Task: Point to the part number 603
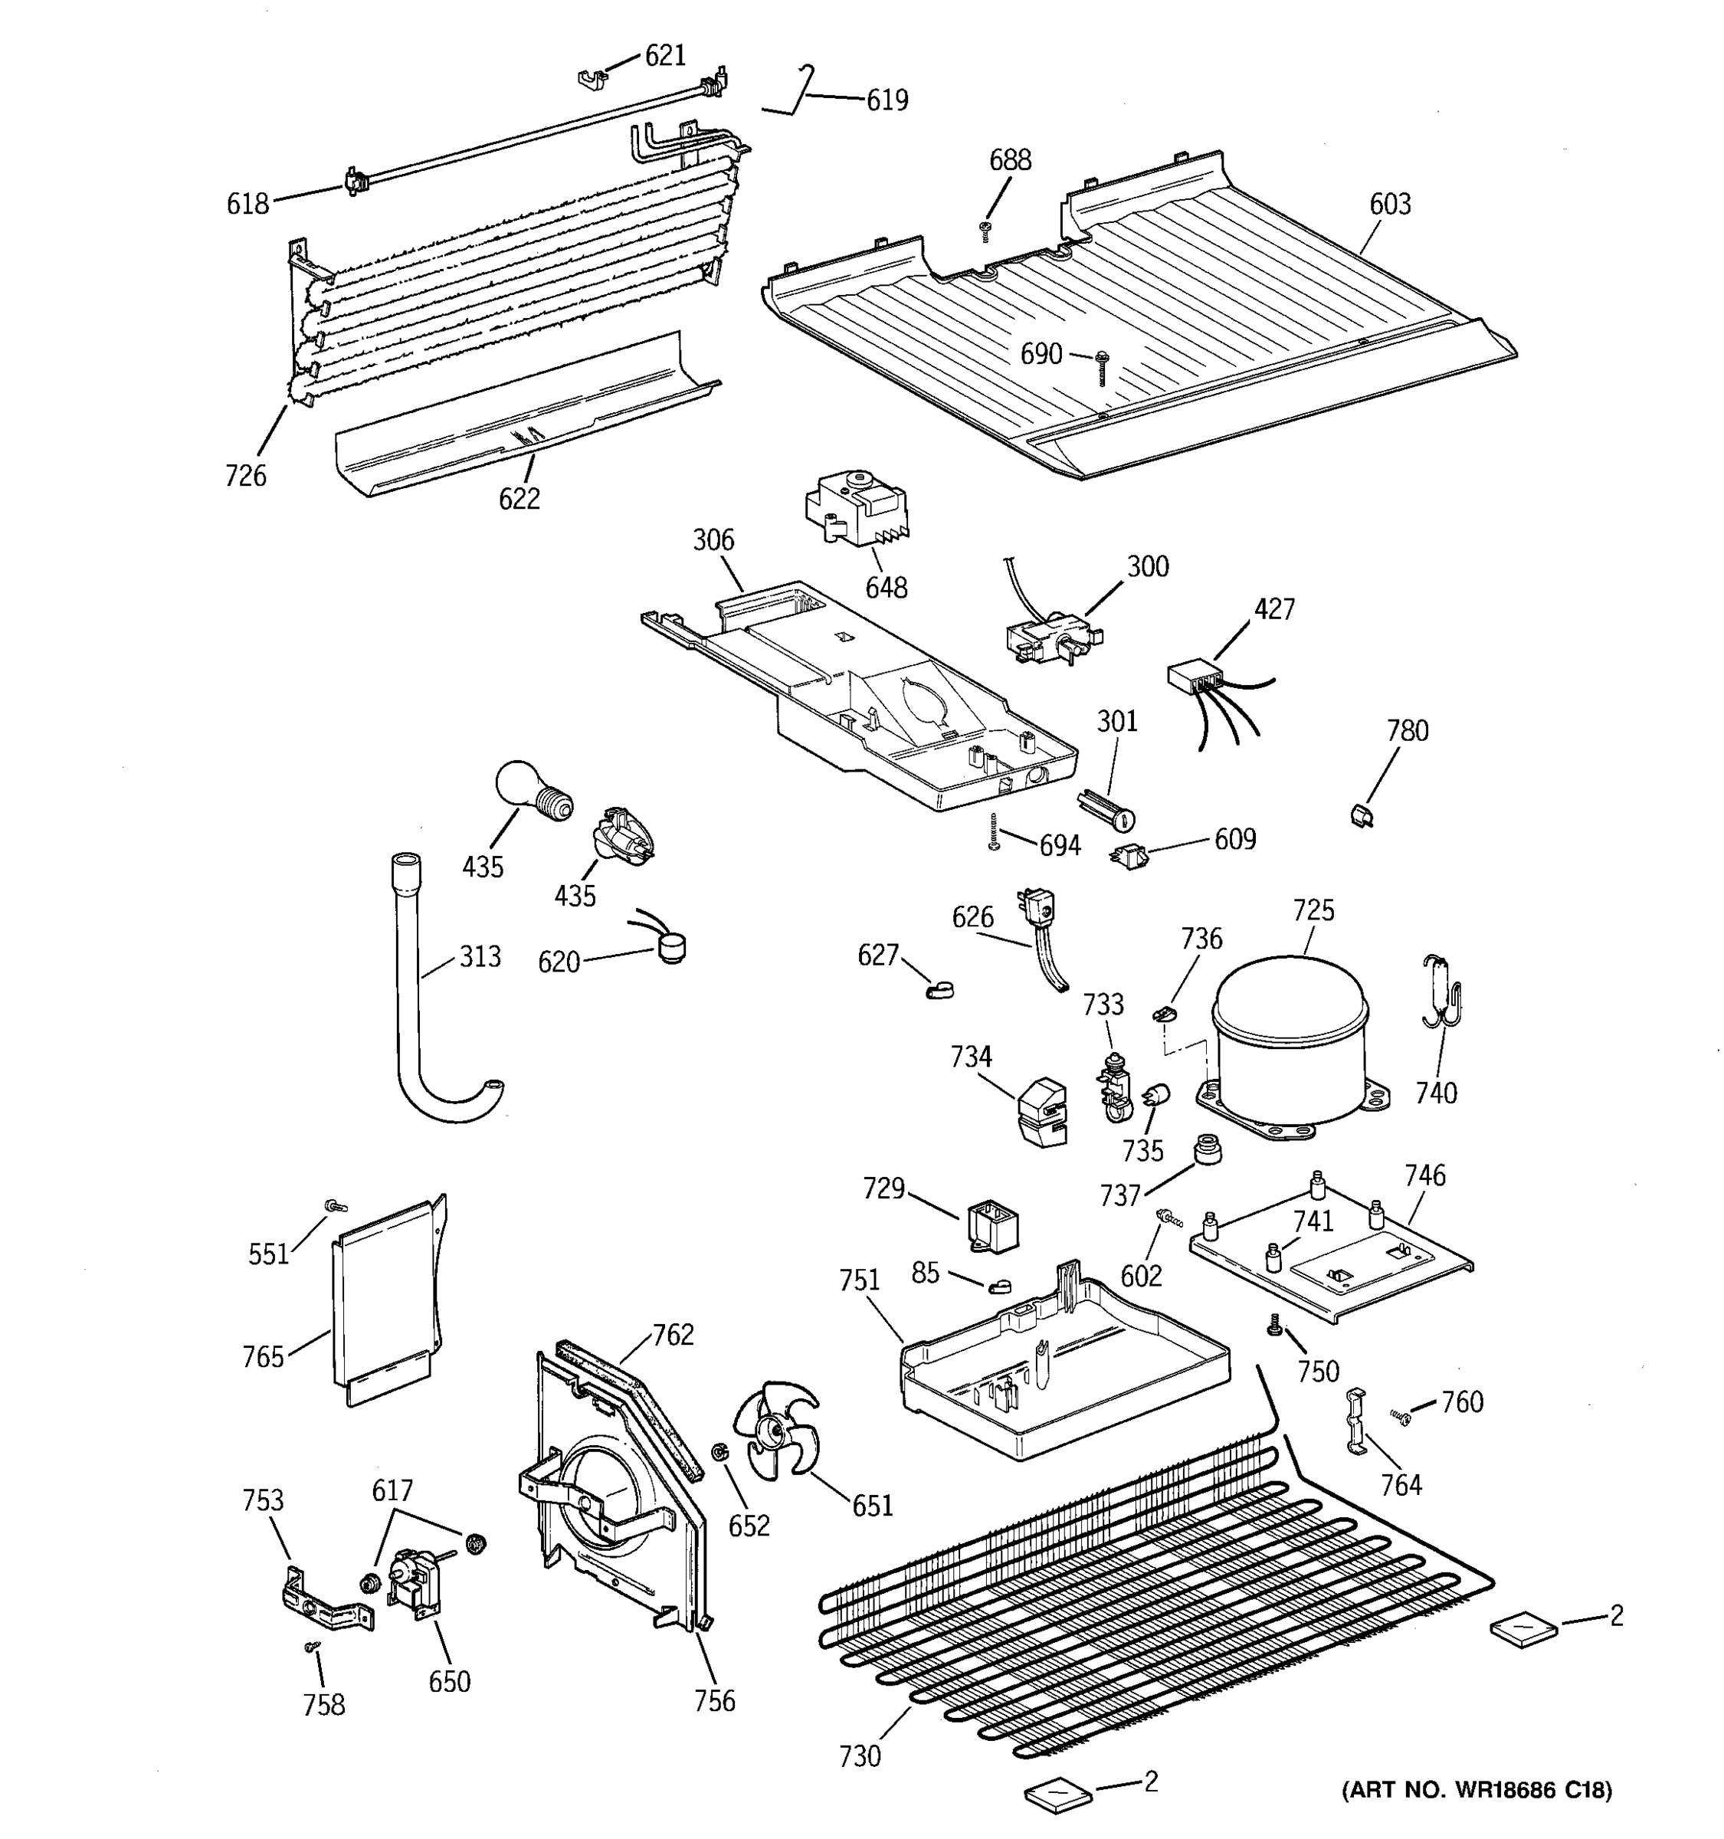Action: [x=1389, y=204]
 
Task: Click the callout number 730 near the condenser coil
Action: [x=859, y=1755]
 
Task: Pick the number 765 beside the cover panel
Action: [x=263, y=1357]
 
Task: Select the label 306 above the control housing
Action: [x=713, y=540]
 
